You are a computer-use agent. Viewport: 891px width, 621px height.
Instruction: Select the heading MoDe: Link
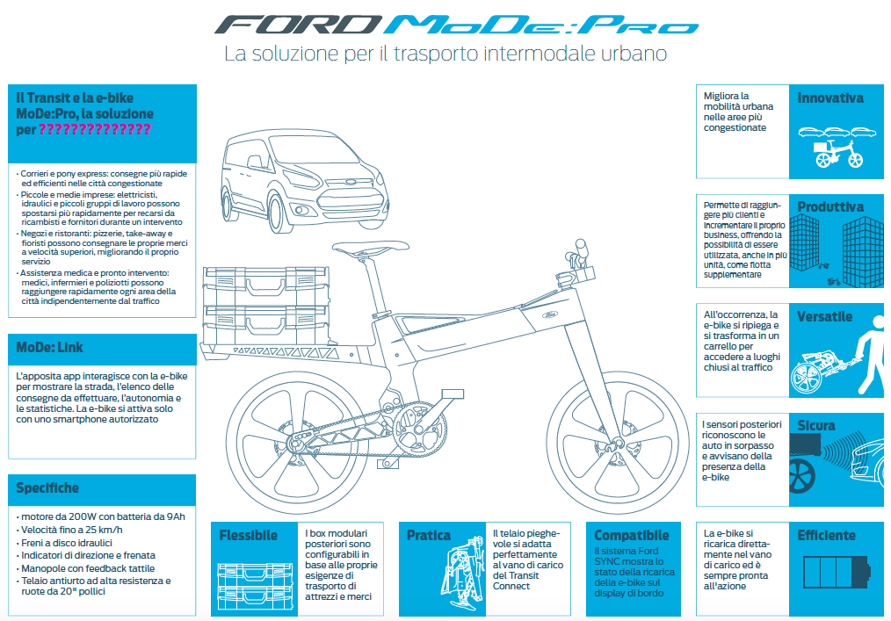tap(49, 347)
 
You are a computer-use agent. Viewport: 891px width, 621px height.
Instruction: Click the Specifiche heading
tap(47, 488)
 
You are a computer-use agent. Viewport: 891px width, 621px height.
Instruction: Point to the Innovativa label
tap(830, 98)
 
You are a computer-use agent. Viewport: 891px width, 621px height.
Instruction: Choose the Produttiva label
tap(830, 207)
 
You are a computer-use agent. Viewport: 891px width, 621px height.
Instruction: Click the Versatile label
tap(825, 316)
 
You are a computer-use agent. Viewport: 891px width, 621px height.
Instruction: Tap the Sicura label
tap(816, 425)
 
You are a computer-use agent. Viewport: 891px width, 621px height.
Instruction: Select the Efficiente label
tap(826, 535)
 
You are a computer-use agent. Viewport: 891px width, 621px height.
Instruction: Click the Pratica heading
tap(429, 535)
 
